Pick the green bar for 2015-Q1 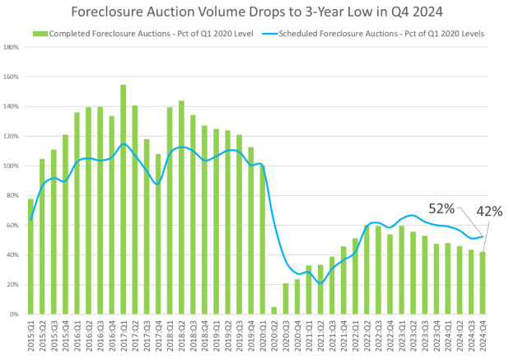click(x=30, y=256)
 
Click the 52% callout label click(x=441, y=209)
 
